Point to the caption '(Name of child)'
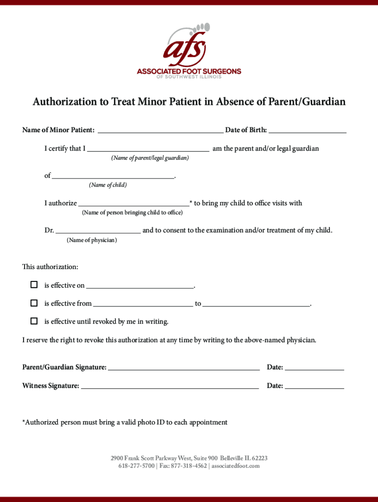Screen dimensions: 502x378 [108, 185]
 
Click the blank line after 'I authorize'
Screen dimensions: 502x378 [134, 203]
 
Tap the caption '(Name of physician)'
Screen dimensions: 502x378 [92, 240]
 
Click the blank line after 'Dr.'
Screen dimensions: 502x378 [98, 230]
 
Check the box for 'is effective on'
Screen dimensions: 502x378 [34, 285]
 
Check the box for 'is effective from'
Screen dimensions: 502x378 [34, 303]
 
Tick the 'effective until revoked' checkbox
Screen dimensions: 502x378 [34, 321]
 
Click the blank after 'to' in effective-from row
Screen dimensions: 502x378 [256, 304]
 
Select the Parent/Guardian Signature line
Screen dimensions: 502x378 [184, 368]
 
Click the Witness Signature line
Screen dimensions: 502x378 [170, 386]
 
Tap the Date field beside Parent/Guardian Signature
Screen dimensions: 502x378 [314, 368]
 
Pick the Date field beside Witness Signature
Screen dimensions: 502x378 [314, 386]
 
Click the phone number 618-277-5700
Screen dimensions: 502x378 [136, 466]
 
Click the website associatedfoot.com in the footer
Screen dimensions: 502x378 [235, 466]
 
